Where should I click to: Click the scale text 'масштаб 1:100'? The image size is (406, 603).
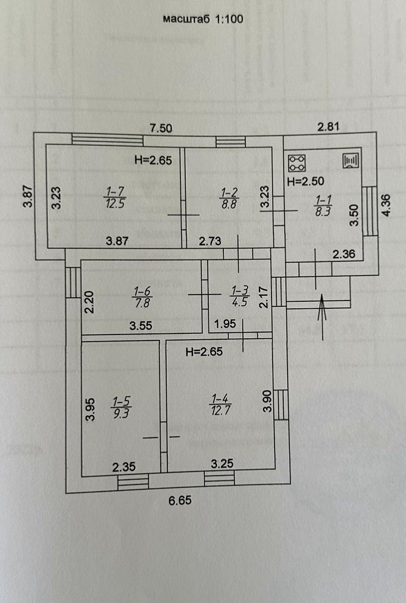pos(203,19)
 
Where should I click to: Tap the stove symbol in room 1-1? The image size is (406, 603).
pos(297,162)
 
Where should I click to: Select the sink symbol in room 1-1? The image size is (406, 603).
pos(350,161)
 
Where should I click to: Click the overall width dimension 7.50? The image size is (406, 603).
pos(161,127)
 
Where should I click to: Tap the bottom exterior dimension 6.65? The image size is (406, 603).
pos(180,501)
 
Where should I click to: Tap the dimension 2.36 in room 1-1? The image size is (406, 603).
pos(344,255)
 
